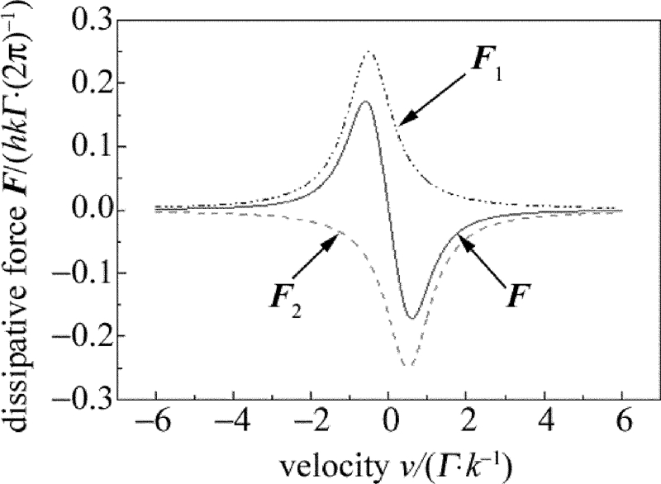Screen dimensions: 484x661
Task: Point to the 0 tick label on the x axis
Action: [390, 426]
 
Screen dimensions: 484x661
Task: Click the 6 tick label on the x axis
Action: [622, 426]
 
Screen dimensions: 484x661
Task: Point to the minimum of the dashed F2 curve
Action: [408, 365]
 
